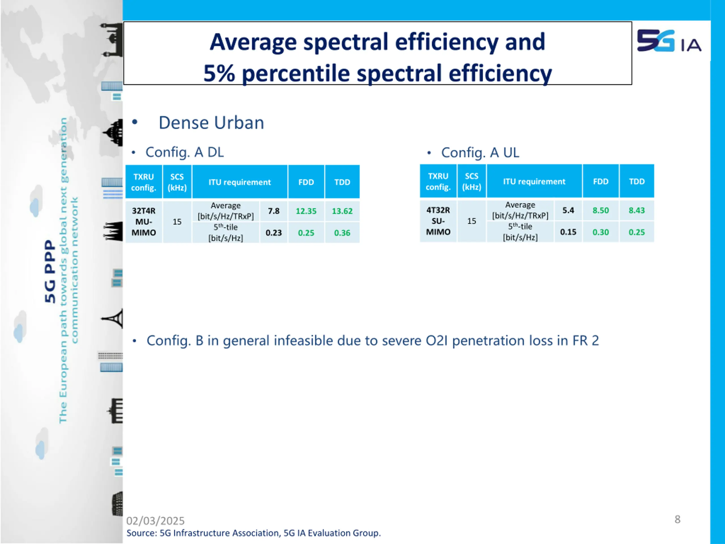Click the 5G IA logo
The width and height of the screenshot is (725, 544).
pos(669,41)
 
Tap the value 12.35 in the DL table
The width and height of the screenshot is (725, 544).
pos(306,211)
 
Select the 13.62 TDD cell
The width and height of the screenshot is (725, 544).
pos(342,211)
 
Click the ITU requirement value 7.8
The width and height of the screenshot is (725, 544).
pos(273,211)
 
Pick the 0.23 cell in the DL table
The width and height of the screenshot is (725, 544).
pos(273,233)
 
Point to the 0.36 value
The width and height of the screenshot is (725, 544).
pos(342,233)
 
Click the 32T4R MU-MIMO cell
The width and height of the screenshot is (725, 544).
pos(144,222)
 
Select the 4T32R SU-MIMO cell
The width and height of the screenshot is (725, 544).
pos(438,221)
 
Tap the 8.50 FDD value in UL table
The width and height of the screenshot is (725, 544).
pos(600,211)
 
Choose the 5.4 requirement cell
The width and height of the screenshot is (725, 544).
pos(568,210)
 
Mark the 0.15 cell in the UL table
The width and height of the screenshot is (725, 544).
pos(568,232)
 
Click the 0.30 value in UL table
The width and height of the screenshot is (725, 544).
pos(600,232)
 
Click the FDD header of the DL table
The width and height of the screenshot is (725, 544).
pos(306,182)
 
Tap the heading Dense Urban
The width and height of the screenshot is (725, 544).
pos(211,123)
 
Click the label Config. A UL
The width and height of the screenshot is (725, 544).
pos(480,153)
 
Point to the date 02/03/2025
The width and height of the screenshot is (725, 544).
pos(155,521)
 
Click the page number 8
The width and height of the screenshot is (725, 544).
pos(677,519)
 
